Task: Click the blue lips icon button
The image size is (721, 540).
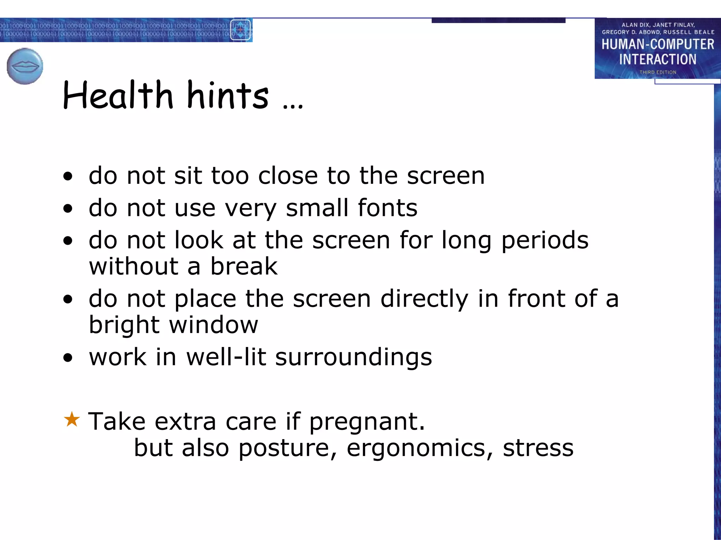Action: tap(25, 66)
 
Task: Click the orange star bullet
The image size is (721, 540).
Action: tap(72, 419)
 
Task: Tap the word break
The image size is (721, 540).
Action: tap(244, 266)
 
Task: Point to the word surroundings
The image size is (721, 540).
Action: tap(353, 358)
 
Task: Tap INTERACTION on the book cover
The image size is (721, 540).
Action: tap(658, 59)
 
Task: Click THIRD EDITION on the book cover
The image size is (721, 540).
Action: tap(658, 72)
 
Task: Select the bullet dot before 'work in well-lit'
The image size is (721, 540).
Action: tap(68, 358)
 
